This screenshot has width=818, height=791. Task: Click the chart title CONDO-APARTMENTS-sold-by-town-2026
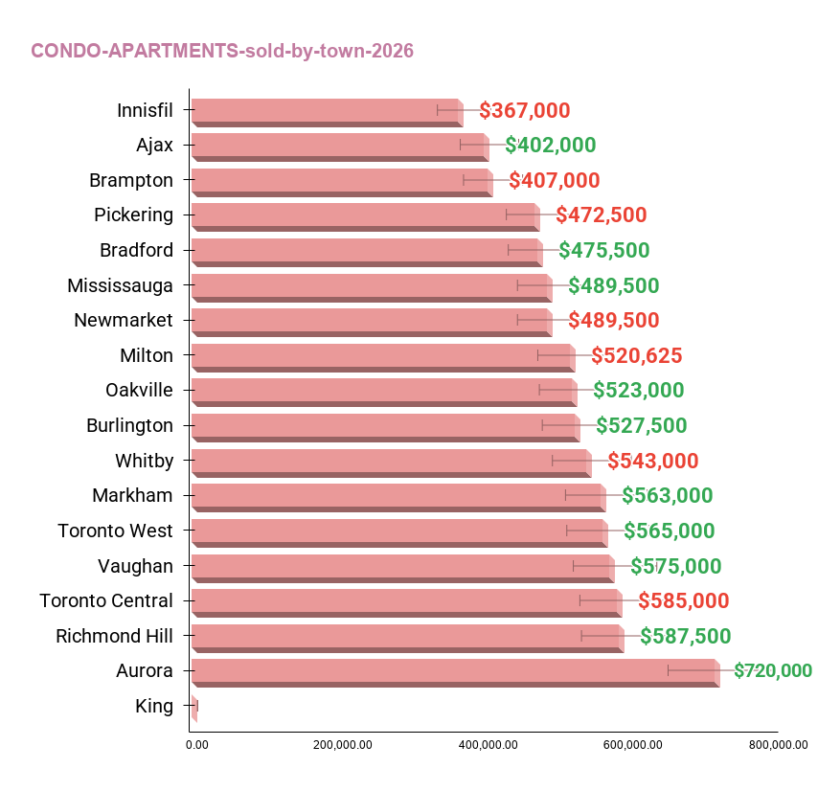pos(222,51)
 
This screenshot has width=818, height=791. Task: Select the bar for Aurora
pos(454,671)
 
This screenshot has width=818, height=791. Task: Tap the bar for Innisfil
pos(326,110)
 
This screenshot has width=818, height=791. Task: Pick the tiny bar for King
pos(194,708)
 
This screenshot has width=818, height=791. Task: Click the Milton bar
pos(382,356)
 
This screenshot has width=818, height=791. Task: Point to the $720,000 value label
pos(773,671)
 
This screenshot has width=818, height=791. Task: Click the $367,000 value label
pos(525,110)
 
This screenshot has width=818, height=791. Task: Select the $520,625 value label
pos(637,356)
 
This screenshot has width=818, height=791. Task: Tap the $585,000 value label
pos(684,601)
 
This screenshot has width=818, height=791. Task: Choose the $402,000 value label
pos(551,146)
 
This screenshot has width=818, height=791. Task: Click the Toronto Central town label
pos(106,601)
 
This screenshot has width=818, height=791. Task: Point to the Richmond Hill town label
pos(115,636)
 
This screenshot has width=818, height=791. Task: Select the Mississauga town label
pos(121,285)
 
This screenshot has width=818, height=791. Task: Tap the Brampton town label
pos(131,180)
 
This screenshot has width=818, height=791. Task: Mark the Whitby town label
pos(145,461)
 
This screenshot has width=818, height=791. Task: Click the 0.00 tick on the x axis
pos(196,745)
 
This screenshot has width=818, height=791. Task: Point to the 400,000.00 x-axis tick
pos(485,745)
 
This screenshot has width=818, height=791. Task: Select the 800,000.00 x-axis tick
pos(778,745)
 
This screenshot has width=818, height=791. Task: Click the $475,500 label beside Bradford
pos(604,251)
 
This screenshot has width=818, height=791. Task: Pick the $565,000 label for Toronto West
pos(670,531)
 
